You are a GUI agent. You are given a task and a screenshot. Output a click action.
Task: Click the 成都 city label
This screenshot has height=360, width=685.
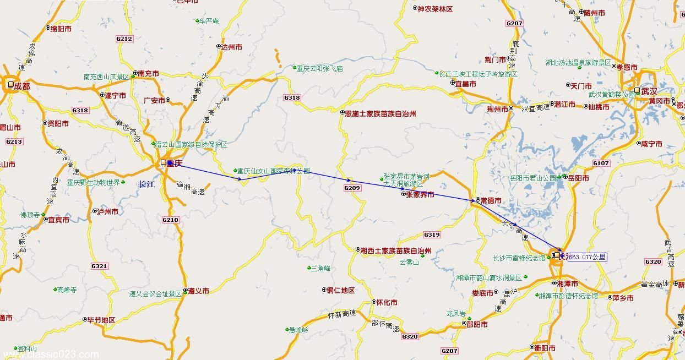22,85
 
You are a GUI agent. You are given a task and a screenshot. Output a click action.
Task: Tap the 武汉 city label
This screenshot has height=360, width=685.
649,91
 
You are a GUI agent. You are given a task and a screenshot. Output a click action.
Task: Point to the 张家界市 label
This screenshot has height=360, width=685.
420,194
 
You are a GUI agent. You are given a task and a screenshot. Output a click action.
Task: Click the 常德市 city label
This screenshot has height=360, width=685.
491,200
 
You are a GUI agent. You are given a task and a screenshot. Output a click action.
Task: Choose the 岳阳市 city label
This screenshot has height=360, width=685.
578,178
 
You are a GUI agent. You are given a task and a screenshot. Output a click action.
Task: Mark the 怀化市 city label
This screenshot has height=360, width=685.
387,303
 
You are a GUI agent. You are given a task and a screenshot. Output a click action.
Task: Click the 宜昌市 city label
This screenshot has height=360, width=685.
465,84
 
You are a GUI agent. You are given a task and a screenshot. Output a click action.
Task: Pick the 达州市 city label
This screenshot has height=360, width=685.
231,47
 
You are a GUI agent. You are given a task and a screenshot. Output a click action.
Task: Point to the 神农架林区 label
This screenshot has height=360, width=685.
435,9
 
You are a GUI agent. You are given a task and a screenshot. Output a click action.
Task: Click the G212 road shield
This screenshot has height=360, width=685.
124,39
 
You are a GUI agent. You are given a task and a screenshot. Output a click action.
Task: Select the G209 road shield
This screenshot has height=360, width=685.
352,188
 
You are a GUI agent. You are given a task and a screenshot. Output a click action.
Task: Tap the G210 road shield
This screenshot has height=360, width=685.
171,220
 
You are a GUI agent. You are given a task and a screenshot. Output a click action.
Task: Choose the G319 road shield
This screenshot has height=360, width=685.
432,234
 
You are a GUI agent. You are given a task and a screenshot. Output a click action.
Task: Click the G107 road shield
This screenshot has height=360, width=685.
601,163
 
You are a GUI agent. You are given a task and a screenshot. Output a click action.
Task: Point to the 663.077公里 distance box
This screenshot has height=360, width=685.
587,257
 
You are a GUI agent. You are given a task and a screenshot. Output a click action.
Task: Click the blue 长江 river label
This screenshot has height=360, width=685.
146,184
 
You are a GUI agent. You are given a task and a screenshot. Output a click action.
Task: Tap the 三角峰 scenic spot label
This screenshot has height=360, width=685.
320,268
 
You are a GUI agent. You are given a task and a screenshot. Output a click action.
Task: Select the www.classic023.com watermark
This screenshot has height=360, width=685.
50,355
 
